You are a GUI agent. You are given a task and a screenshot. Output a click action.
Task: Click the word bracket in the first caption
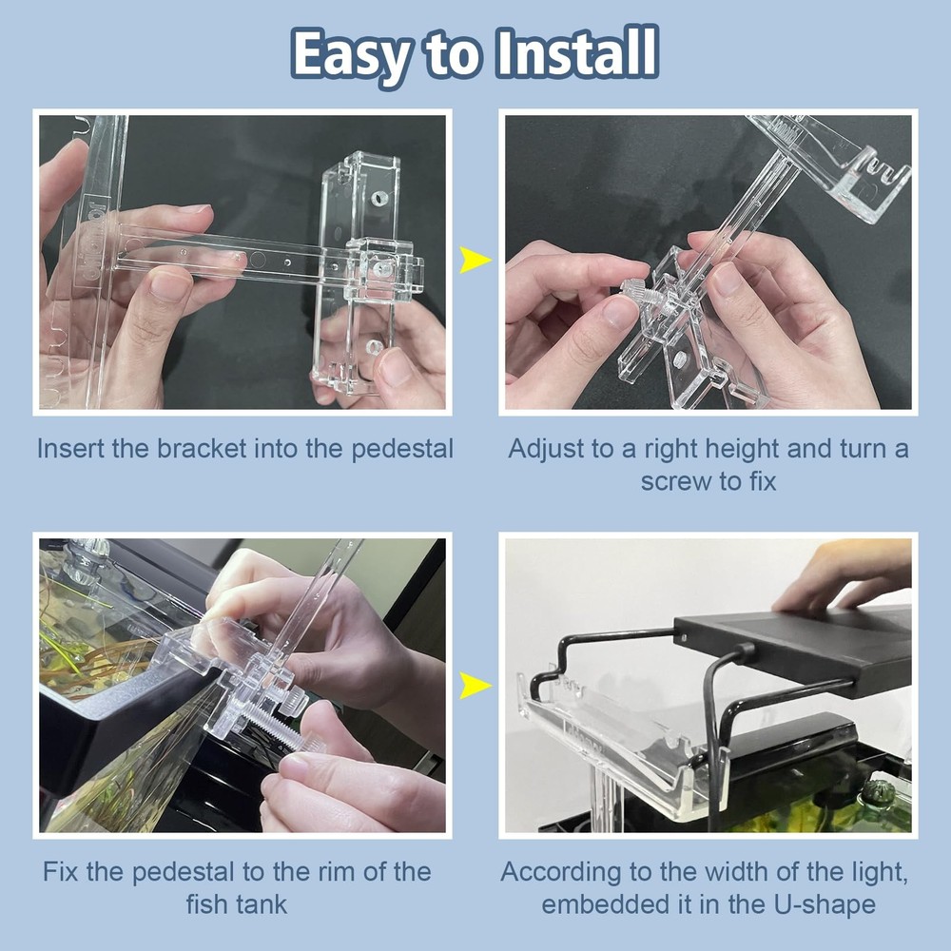click(202, 449)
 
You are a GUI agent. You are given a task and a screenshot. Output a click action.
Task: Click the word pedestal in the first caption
click(401, 449)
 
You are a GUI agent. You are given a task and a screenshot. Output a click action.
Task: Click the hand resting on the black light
click(837, 575)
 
